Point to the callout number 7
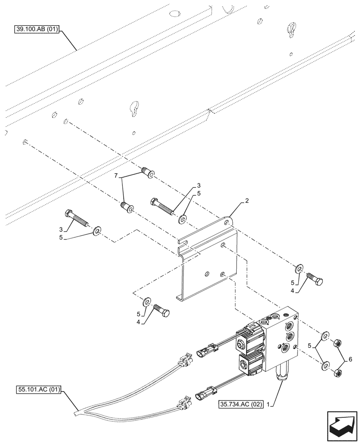click(117, 176)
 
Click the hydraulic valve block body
click(282, 339)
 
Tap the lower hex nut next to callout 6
click(337, 373)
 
